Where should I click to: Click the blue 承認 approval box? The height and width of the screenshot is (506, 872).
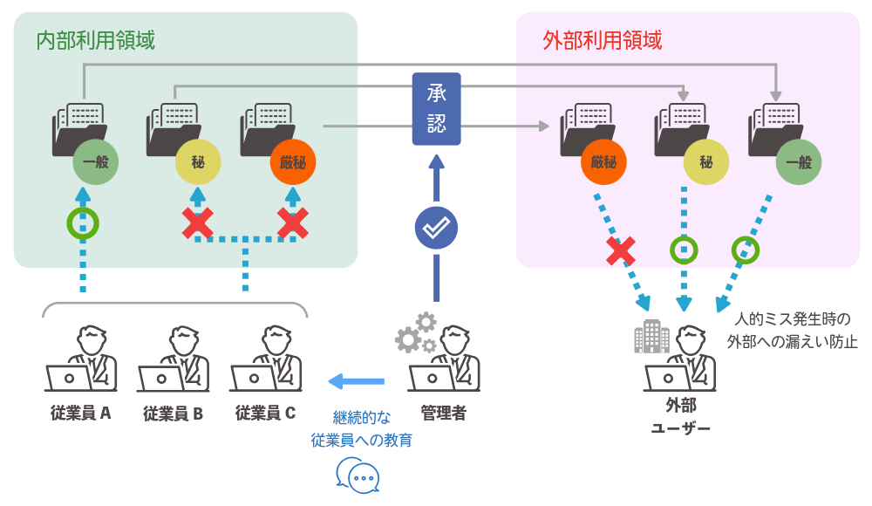436,109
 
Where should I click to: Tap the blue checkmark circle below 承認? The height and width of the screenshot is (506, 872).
435,229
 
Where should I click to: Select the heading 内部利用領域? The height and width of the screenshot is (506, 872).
96,40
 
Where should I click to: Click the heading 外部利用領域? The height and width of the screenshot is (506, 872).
602,40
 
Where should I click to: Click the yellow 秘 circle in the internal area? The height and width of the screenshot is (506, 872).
198,162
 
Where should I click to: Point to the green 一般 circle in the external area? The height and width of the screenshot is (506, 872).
798,162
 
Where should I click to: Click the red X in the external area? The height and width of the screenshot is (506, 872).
621,250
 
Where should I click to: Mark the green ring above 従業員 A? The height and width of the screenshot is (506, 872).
83,222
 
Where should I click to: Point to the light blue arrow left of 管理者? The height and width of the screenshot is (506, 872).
356,380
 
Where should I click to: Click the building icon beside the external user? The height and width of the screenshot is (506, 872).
651,337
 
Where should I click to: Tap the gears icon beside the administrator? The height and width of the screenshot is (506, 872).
415,332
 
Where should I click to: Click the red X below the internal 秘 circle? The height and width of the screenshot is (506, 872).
198,224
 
